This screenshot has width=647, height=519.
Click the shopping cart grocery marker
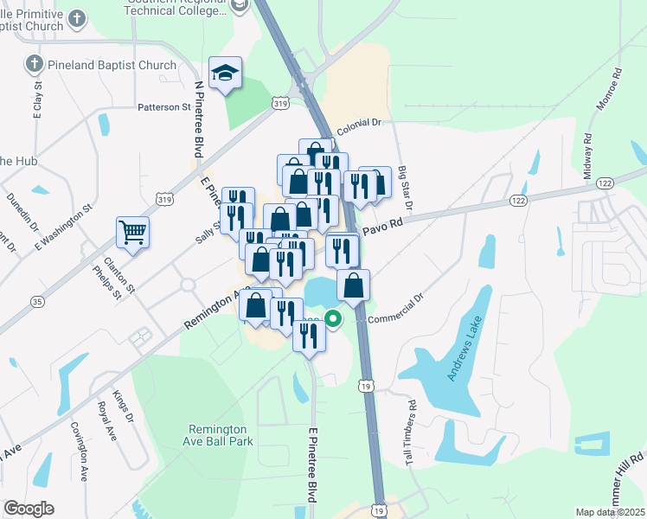[x=133, y=231]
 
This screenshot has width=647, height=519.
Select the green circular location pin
[x=333, y=317]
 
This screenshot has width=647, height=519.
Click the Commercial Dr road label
[x=395, y=309]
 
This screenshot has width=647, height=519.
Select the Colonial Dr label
[x=359, y=124]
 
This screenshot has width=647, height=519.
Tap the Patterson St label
[x=163, y=107]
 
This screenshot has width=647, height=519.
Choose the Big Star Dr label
[x=403, y=188]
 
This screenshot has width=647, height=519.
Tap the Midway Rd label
[x=587, y=156]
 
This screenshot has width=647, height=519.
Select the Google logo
[x=29, y=508]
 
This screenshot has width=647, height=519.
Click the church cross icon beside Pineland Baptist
[x=34, y=64]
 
